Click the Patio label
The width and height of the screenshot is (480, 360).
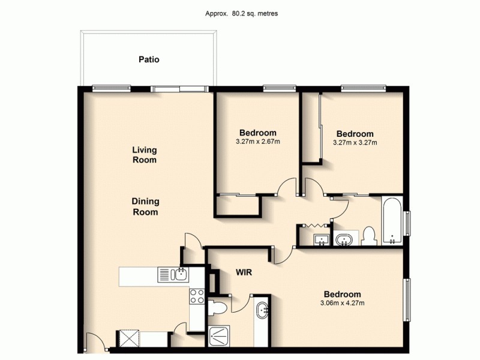click(149, 59)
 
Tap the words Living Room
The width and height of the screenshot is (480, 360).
click(145, 155)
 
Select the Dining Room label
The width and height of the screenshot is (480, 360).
click(145, 207)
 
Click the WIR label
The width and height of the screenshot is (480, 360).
click(243, 272)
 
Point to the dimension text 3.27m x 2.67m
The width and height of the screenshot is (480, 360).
click(257, 142)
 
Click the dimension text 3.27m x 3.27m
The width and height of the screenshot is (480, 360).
click(355, 143)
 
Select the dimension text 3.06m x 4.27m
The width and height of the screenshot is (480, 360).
click(342, 303)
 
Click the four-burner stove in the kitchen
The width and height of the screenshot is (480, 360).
click(197, 295)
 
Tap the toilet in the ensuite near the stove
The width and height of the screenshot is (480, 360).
click(218, 308)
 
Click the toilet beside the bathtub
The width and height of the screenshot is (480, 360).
click(368, 236)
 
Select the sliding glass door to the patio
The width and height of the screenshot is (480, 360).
click(180, 89)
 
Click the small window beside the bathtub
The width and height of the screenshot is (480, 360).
click(407, 223)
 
